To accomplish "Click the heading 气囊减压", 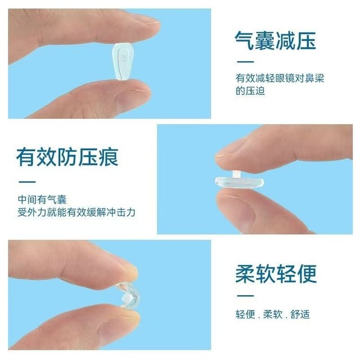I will point(275,41).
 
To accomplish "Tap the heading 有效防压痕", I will point(67,156).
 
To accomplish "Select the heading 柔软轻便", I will point(276,273).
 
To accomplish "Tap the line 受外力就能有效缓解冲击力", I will point(76,213).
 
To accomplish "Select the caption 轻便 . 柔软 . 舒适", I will point(272,314).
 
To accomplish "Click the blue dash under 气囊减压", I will point(245,62).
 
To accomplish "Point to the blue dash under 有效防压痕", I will point(26,182).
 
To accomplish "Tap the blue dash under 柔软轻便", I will point(245,295).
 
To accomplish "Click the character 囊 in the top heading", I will point(265,41).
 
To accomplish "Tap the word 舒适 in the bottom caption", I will point(300,314).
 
